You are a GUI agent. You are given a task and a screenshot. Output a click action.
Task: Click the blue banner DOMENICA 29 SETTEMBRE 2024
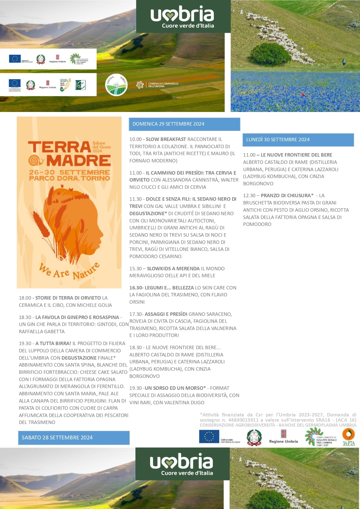pyautogui.click(x=184, y=124)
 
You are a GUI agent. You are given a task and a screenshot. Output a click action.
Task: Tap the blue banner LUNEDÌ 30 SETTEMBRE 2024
pyautogui.click(x=298, y=140)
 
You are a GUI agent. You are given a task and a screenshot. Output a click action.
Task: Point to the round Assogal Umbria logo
pyautogui.click(x=116, y=85)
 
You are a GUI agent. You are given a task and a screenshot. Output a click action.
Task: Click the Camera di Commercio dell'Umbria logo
pyautogui.click(x=157, y=85)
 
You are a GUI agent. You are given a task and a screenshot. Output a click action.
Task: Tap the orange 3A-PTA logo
pyautogui.click(x=348, y=437)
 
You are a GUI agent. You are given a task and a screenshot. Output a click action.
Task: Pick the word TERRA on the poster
pyautogui.click(x=59, y=147)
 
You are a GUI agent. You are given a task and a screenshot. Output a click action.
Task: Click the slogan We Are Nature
pyautogui.click(x=69, y=271)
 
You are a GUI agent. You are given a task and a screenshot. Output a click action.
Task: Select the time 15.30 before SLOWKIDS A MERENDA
pyautogui.click(x=135, y=269)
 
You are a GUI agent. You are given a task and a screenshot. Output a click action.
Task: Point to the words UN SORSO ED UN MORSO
pyautogui.click(x=174, y=388)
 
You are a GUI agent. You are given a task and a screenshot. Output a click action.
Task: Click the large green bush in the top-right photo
pyautogui.click(x=270, y=54)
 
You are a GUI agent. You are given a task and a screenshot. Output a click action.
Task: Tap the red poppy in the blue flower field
pyautogui.click(x=304, y=95)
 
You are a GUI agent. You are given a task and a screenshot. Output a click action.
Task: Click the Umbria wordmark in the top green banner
pyautogui.click(x=182, y=15)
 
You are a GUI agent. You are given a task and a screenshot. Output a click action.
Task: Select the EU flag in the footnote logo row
pyautogui.click(x=209, y=437)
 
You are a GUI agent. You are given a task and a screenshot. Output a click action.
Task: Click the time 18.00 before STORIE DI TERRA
pyautogui.click(x=25, y=298)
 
